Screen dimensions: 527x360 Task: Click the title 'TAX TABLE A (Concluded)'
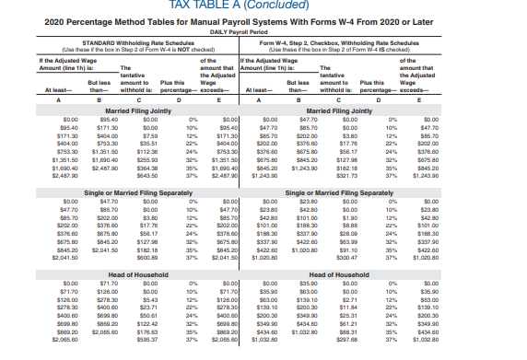[x=263, y=6]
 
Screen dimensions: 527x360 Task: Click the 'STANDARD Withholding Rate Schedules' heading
[x=137, y=42]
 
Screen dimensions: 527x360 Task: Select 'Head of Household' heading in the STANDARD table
[x=137, y=250]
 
